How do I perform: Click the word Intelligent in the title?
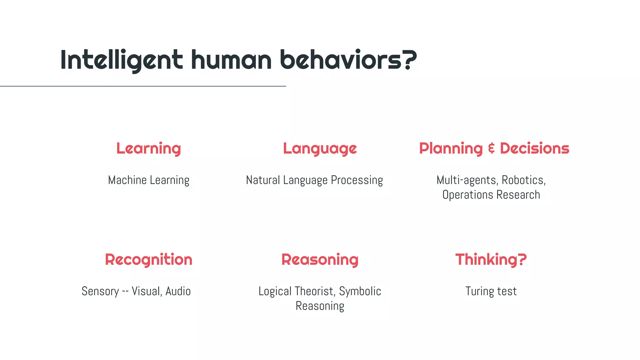click(x=121, y=60)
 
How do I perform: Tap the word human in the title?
click(x=231, y=60)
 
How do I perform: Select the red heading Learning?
click(x=148, y=148)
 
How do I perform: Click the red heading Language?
click(x=320, y=148)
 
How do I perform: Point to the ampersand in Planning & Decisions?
click(x=492, y=148)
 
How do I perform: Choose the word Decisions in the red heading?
click(x=534, y=148)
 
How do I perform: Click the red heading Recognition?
click(x=148, y=259)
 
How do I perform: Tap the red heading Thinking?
click(x=491, y=259)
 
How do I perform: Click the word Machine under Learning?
click(x=127, y=180)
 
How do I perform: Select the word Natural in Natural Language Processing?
click(x=263, y=180)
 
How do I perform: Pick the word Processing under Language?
click(x=357, y=180)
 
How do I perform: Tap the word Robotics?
click(x=523, y=180)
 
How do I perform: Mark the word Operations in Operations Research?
click(x=467, y=195)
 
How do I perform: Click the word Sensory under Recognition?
click(x=100, y=291)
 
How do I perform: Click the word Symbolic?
click(x=360, y=291)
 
